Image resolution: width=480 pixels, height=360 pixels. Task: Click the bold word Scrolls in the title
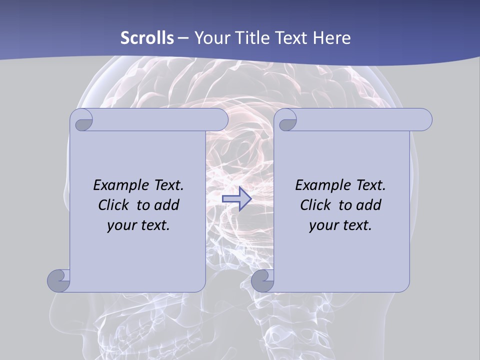pyautogui.click(x=147, y=38)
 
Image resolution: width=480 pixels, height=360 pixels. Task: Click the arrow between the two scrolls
pyautogui.click(x=236, y=199)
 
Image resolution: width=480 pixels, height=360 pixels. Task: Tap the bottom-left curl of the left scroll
pyautogui.click(x=58, y=280)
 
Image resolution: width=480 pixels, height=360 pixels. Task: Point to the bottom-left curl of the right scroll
pyautogui.click(x=262, y=280)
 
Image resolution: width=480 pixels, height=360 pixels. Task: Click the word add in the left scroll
pyautogui.click(x=167, y=205)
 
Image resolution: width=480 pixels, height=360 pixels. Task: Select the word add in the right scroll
pyautogui.click(x=369, y=205)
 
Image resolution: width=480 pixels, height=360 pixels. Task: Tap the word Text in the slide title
pyautogui.click(x=289, y=38)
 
